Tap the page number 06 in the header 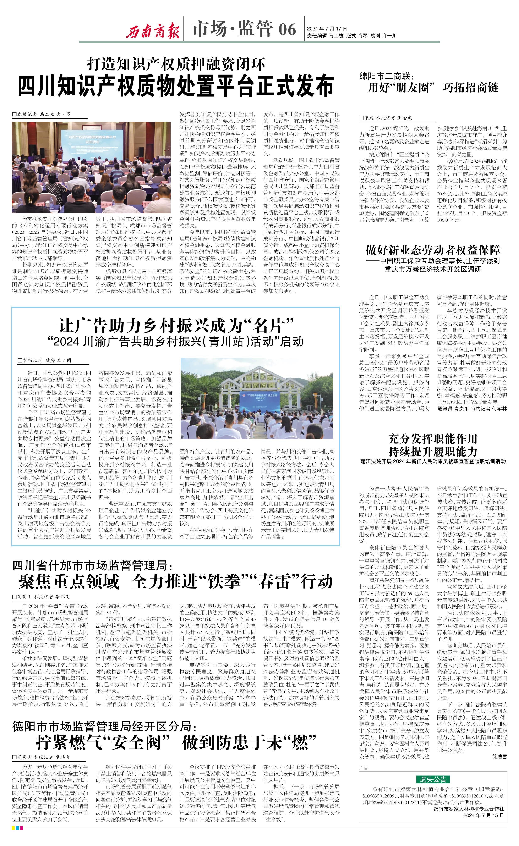pyautogui.click(x=287, y=29)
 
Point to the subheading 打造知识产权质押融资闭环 pyautogui.click(x=176, y=64)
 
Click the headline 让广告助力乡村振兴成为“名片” pyautogui.click(x=176, y=325)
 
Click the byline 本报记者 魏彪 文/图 pyautogui.click(x=45, y=360)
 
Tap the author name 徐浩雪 pyautogui.click(x=499, y=757)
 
